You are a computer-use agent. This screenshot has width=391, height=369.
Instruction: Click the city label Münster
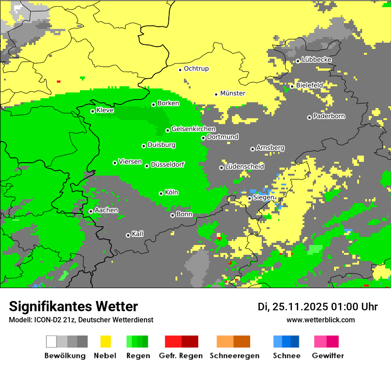(x=233, y=93)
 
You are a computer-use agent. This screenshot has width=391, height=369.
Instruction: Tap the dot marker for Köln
(x=161, y=193)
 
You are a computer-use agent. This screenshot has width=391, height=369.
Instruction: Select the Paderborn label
(x=329, y=116)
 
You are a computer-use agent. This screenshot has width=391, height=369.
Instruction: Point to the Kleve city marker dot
(x=92, y=111)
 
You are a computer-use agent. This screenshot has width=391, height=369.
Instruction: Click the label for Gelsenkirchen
(x=193, y=129)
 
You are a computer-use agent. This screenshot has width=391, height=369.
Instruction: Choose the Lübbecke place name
(x=316, y=60)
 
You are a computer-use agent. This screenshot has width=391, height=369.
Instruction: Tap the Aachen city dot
(x=91, y=212)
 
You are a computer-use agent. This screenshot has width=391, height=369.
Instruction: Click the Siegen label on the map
(x=263, y=197)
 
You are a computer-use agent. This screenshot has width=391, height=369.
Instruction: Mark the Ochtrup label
(x=196, y=69)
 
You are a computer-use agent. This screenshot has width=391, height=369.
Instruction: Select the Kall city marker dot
(x=128, y=235)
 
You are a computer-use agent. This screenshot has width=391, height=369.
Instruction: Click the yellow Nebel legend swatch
(x=105, y=341)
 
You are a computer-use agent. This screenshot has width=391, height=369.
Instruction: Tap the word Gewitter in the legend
(x=328, y=356)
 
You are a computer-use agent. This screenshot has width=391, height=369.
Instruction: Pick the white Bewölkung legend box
(x=52, y=341)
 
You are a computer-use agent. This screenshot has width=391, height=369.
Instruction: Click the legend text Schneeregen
(x=234, y=356)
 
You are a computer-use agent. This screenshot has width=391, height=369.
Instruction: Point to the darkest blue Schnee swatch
(x=295, y=341)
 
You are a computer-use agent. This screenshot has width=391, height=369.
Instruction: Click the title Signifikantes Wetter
(x=73, y=306)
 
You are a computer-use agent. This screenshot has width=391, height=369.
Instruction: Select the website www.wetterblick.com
(x=320, y=320)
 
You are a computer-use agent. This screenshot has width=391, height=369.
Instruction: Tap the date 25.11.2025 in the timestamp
(x=300, y=307)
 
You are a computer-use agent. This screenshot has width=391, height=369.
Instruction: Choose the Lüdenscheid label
(x=244, y=167)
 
